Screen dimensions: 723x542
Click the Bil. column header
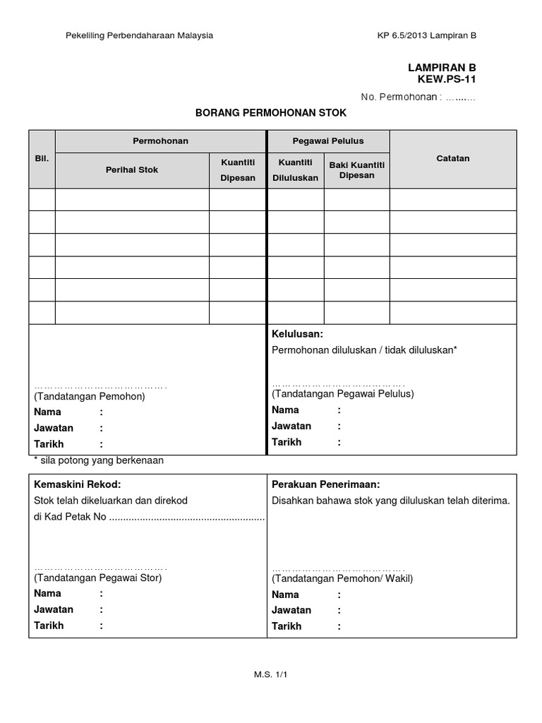pyautogui.click(x=42, y=159)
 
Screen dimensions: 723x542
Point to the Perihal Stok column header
pyautogui.click(x=132, y=169)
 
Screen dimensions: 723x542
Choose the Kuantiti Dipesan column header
pyautogui.click(x=238, y=169)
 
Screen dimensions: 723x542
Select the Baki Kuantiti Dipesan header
pyautogui.click(x=356, y=169)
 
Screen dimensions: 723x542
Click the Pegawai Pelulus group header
pyautogui.click(x=328, y=141)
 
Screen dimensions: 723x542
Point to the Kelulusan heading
pyautogui.click(x=297, y=333)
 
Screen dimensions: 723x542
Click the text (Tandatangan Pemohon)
pyautogui.click(x=89, y=397)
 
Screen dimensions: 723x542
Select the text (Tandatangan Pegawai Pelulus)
pyautogui.click(x=343, y=393)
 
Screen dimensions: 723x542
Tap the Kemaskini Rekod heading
pyautogui.click(x=78, y=484)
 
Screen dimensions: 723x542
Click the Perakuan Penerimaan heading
pyautogui.click(x=326, y=484)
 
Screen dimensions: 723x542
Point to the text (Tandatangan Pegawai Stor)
pyautogui.click(x=97, y=578)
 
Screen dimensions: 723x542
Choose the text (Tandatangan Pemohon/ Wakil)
pyautogui.click(x=342, y=578)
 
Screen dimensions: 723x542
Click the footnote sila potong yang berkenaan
pyautogui.click(x=99, y=460)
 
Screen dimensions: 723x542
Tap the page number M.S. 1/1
pyautogui.click(x=271, y=674)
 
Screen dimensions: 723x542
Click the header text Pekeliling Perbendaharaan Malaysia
pyautogui.click(x=139, y=35)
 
